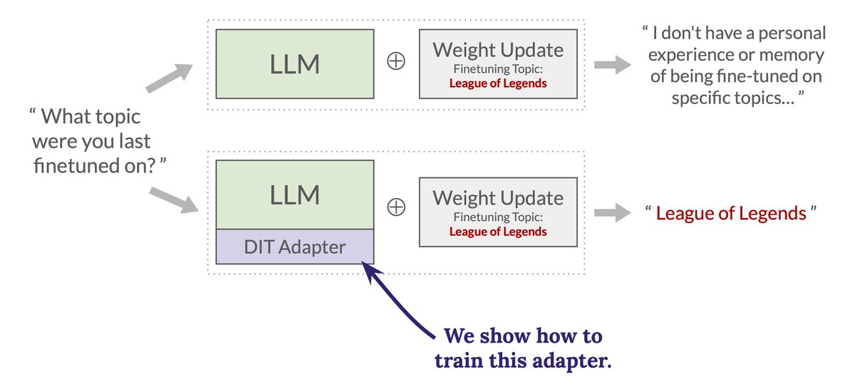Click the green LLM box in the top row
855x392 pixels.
(x=295, y=64)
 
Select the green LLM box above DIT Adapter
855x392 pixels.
(x=295, y=195)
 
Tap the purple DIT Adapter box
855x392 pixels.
(x=295, y=247)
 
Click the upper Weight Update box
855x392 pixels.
(x=498, y=64)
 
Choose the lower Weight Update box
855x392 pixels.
(x=498, y=212)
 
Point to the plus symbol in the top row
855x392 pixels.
(x=396, y=61)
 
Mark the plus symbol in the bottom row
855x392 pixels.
(x=396, y=207)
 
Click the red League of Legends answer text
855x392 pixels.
(x=731, y=213)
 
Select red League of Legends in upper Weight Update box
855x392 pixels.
(x=498, y=83)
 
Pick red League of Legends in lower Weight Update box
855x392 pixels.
(x=498, y=232)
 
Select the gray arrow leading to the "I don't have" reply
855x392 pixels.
(x=613, y=65)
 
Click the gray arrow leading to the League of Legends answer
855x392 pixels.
(x=613, y=212)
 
